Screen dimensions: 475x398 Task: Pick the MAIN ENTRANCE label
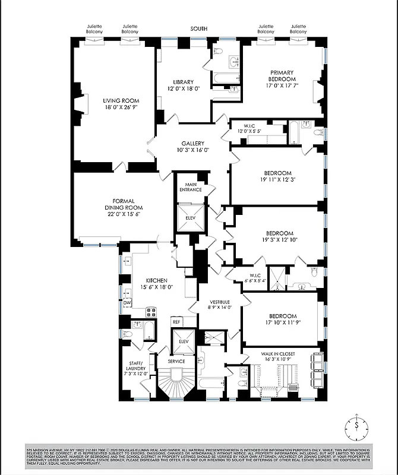[x=190, y=186]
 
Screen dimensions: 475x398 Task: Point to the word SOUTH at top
[x=199, y=28]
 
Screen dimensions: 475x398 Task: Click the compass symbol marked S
[x=356, y=426]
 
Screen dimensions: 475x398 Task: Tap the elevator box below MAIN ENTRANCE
[x=191, y=217]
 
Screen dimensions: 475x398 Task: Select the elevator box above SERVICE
[x=182, y=342]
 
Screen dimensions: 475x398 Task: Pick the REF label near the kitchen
[x=176, y=321]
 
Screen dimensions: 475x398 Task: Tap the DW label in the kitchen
[x=127, y=302]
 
